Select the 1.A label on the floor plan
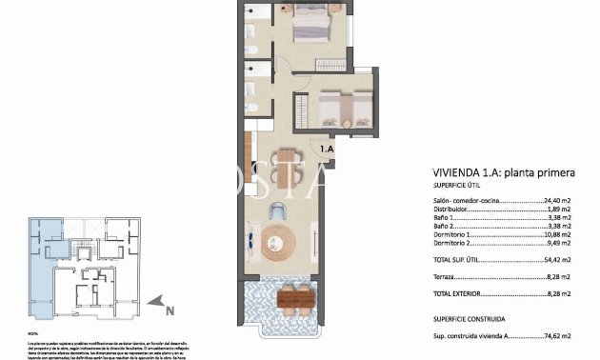click(327, 150)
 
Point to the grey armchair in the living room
click(279, 211)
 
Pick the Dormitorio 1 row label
click(457, 234)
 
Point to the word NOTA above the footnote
click(32, 332)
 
